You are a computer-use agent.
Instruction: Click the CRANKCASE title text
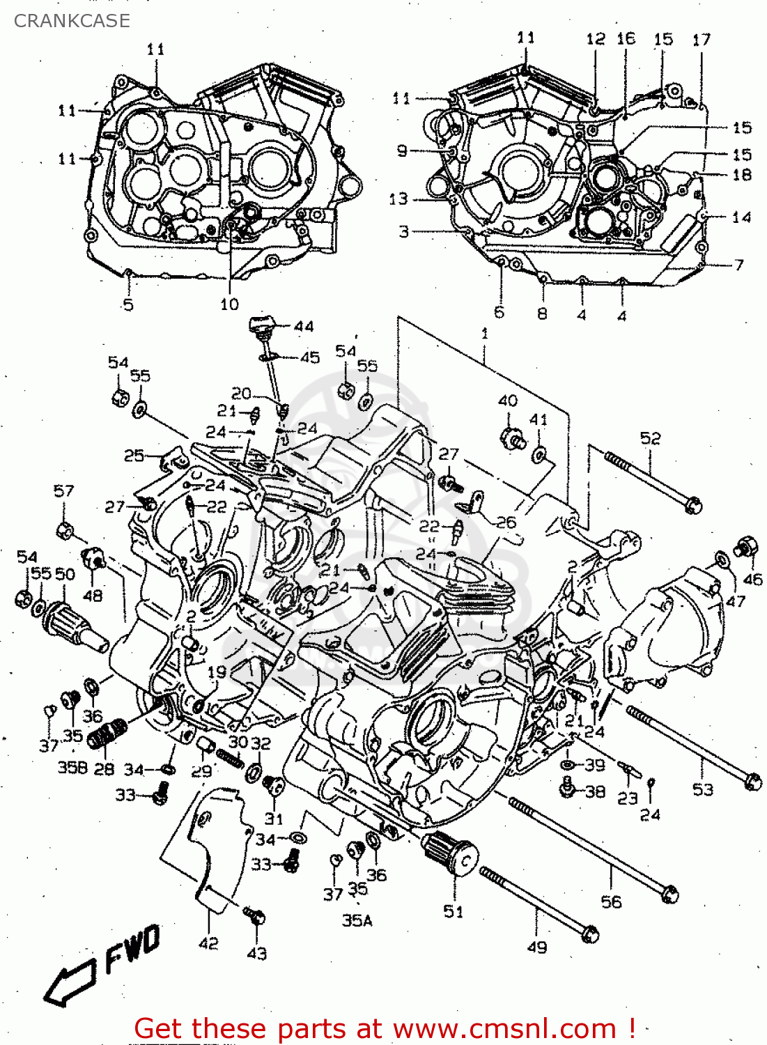coord(72,21)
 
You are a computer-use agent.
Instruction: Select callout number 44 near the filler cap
coord(304,326)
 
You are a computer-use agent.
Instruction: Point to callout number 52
coord(650,438)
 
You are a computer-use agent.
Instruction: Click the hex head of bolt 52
coord(692,504)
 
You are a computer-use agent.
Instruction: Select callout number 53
coord(702,789)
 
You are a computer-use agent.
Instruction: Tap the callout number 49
coord(537,947)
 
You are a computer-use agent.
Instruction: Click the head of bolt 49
coord(589,932)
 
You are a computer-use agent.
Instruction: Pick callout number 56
coord(611,901)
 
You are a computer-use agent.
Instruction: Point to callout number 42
coord(208,943)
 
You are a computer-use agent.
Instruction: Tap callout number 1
coord(485,334)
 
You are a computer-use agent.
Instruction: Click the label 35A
coord(357,920)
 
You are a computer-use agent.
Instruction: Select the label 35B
coord(72,767)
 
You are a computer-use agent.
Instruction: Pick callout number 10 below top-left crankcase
coord(229,304)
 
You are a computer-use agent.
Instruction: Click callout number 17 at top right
coord(701,40)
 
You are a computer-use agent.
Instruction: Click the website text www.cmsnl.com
coord(504,1028)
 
